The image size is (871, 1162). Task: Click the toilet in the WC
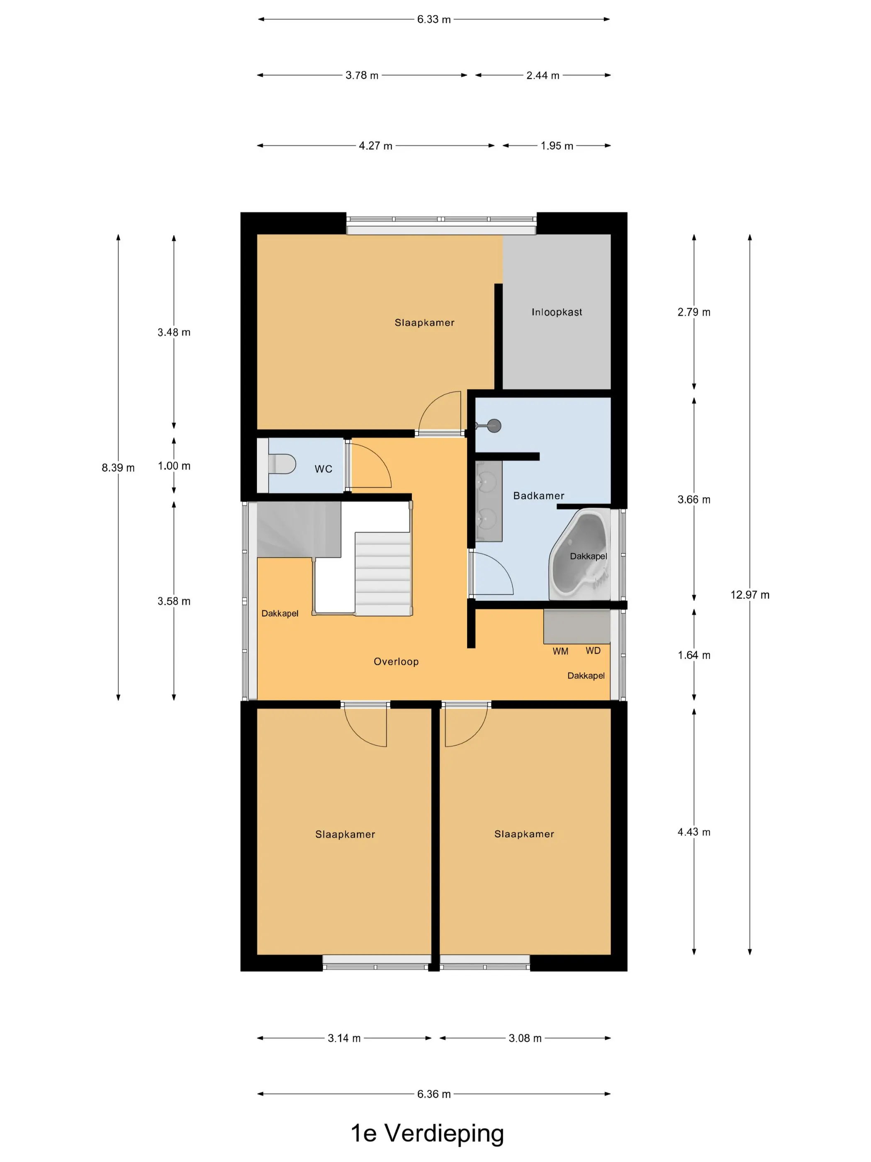tap(282, 464)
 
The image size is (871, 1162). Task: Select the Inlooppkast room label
tap(557, 312)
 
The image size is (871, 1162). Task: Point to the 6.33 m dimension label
tap(434, 20)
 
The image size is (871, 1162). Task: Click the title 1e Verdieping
tap(427, 1133)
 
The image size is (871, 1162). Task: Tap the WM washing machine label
tap(560, 652)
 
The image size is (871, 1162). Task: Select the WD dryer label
tap(593, 651)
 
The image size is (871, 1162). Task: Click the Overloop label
tap(396, 662)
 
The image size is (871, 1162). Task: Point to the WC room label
tap(324, 469)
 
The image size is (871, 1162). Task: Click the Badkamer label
tap(539, 496)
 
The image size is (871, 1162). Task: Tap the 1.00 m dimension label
tap(174, 466)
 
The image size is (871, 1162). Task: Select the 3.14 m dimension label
tap(344, 1038)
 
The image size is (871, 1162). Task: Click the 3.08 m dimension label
tap(525, 1038)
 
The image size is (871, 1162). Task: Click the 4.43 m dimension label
tap(693, 832)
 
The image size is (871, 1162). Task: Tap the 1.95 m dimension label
tap(557, 146)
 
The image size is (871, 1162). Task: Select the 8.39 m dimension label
tap(118, 468)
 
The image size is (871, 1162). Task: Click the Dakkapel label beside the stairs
tap(280, 613)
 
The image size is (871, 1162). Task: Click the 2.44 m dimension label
tap(543, 75)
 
